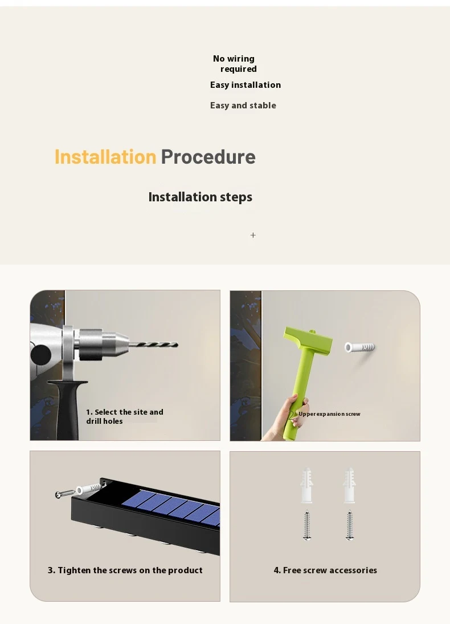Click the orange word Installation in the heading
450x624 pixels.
(x=105, y=157)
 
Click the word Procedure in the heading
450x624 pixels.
(x=208, y=157)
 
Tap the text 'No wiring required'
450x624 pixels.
(x=235, y=64)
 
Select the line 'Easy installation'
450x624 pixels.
(x=246, y=85)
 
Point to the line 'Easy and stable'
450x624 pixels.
(x=243, y=106)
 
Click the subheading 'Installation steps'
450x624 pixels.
(x=201, y=197)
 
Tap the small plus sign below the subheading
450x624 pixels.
(x=253, y=235)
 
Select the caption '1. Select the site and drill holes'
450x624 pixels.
(x=124, y=416)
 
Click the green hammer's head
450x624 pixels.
(x=308, y=339)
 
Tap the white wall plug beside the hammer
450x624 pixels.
(x=359, y=347)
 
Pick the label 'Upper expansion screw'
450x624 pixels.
(x=329, y=414)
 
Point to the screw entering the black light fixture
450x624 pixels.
(x=65, y=494)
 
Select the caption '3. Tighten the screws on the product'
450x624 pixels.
(x=125, y=570)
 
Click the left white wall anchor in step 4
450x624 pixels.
(x=306, y=485)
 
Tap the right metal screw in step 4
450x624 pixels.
(x=349, y=525)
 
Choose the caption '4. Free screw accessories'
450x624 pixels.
(x=325, y=570)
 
